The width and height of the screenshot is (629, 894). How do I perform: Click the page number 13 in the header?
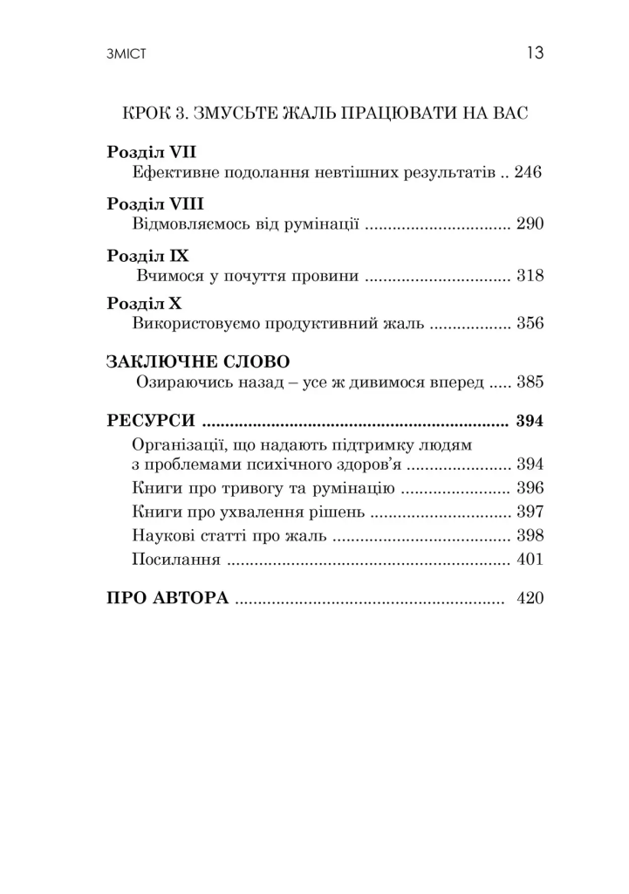[x=535, y=54]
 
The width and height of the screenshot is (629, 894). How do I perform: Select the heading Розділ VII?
[x=152, y=151]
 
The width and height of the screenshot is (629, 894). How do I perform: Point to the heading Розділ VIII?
[x=155, y=203]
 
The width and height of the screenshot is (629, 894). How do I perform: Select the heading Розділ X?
[x=145, y=303]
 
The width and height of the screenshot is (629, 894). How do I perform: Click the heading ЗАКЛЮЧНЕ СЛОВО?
[x=197, y=361]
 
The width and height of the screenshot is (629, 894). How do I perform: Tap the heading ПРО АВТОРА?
[x=168, y=599]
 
